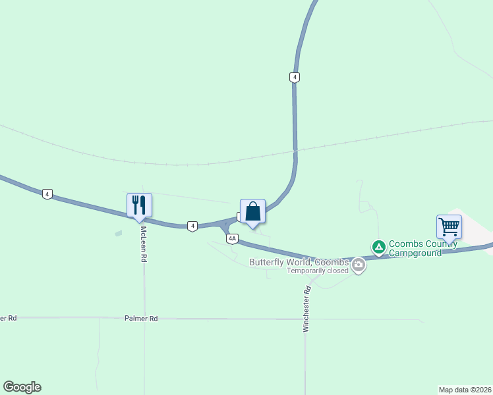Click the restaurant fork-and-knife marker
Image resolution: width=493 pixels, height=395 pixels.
pos(139,205)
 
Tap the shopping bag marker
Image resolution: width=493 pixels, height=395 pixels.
pos(252,212)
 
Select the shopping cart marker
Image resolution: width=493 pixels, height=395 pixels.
pos(449,227)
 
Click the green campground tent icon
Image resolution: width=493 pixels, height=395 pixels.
pos(379,248)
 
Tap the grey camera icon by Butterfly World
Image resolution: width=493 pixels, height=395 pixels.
pos(359,266)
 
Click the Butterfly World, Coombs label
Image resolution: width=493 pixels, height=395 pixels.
pos(299,262)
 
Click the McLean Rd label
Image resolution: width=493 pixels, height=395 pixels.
pos(143,245)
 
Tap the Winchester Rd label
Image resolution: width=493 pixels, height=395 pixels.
pos(306,309)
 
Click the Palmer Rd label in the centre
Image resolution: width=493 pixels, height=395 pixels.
pos(141,319)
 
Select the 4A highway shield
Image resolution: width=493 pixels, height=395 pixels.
pos(231,239)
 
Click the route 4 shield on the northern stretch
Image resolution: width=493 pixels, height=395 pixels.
pos(295,77)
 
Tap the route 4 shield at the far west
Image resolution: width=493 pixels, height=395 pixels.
pos(47,194)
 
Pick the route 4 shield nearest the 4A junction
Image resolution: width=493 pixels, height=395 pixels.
pos(192,226)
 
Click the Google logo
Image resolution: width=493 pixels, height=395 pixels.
pos(22,387)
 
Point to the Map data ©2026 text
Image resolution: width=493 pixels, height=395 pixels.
pos(465,389)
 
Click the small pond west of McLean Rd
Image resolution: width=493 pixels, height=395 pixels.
pos(118,233)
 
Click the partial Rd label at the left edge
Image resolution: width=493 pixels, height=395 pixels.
pos(8,318)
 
